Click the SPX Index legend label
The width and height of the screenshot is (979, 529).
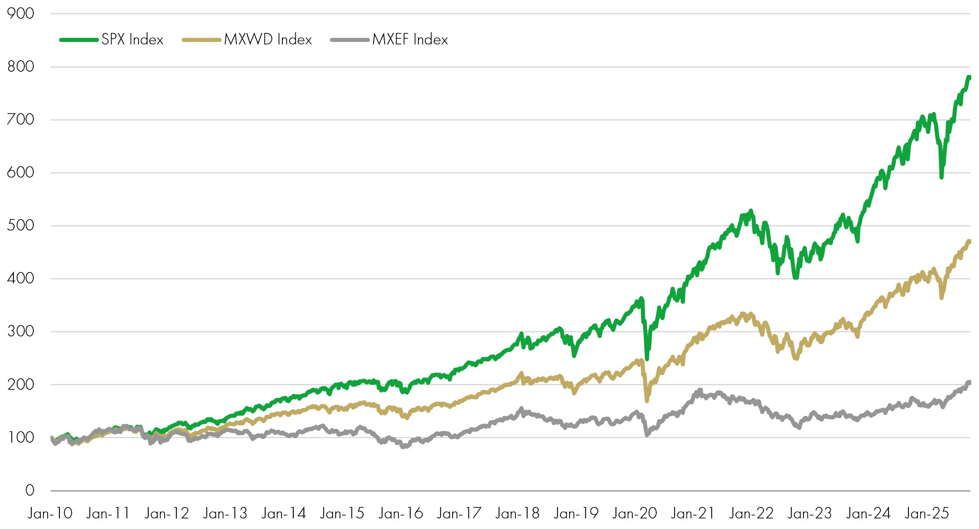(132, 40)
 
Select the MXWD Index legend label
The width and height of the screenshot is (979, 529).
(268, 40)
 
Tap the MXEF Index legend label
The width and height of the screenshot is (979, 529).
(410, 40)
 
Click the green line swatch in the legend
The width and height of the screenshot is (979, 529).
(79, 40)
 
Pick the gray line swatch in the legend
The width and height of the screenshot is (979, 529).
(350, 40)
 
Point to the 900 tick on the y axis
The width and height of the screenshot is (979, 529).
(20, 14)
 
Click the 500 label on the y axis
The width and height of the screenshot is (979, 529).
(20, 226)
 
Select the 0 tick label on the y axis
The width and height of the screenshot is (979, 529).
(30, 490)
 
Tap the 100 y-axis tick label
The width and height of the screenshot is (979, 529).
(20, 438)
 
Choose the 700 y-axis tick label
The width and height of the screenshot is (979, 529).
(20, 120)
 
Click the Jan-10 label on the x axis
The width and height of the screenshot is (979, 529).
(50, 514)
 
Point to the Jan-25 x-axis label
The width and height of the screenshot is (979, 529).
(927, 514)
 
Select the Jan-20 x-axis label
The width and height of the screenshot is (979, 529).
(635, 514)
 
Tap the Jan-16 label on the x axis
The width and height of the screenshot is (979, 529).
(400, 514)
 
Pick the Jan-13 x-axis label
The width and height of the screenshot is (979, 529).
(225, 514)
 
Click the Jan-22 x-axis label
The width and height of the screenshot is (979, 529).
(751, 514)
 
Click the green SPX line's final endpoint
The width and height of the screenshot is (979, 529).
(969, 77)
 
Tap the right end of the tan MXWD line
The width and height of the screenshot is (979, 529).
(969, 241)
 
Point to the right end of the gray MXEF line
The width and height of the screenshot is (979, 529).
(969, 382)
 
